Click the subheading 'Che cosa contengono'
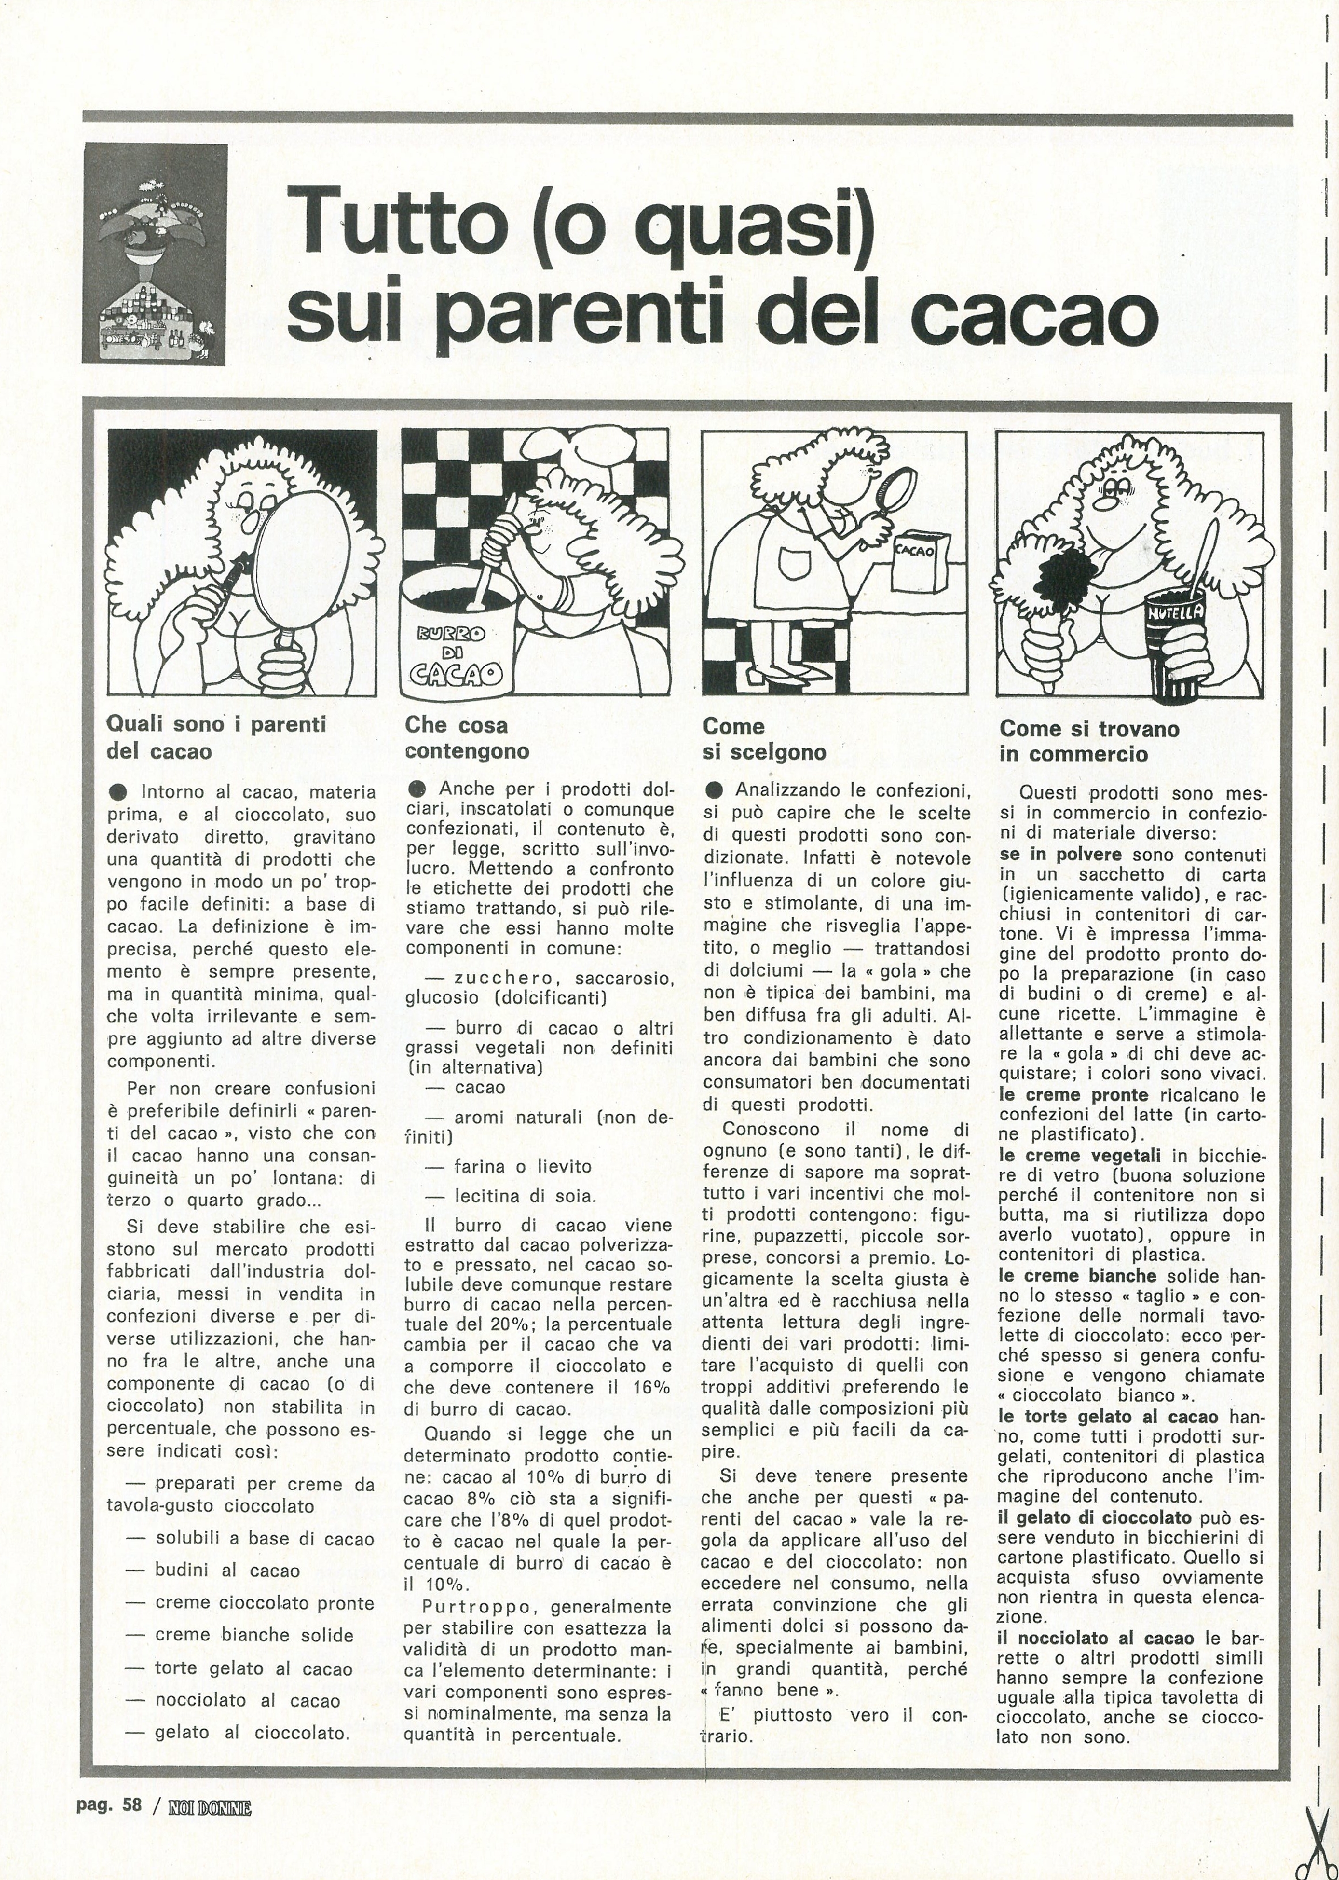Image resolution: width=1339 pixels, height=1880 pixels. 467,738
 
